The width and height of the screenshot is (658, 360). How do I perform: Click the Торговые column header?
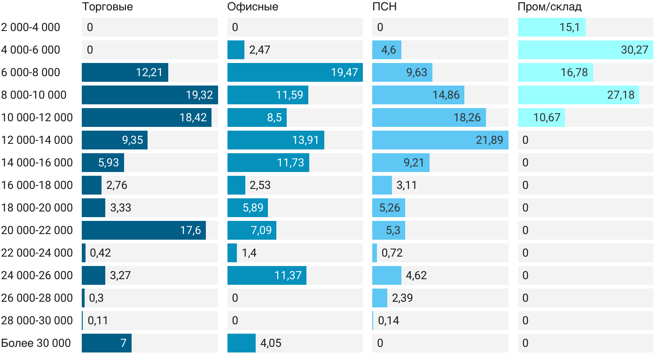[107, 7]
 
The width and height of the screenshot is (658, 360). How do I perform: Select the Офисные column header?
[252, 7]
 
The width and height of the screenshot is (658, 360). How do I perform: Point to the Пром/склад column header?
[549, 7]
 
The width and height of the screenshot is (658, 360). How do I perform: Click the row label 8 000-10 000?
[34, 95]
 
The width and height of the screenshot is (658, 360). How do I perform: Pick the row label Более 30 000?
[36, 343]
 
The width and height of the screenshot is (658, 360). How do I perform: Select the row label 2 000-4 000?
[31, 27]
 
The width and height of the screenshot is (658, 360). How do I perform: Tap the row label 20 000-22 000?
[37, 230]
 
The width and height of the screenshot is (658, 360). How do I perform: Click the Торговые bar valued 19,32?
[149, 95]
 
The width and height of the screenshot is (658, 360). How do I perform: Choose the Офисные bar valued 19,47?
[295, 72]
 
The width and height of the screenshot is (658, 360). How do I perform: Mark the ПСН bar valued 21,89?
[440, 140]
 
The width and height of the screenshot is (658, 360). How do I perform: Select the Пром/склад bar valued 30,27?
[585, 50]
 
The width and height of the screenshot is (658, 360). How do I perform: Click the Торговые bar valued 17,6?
[143, 230]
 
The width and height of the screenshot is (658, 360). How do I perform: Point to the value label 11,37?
[288, 275]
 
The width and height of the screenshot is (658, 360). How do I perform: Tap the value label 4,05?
[271, 343]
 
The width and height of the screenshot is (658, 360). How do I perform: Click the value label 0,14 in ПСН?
[388, 321]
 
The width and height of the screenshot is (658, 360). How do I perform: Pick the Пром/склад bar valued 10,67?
[541, 117]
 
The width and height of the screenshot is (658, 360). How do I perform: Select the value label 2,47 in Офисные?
[259, 50]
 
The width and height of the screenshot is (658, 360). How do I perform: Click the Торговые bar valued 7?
[106, 343]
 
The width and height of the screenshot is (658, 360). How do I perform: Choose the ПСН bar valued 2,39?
[380, 298]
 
